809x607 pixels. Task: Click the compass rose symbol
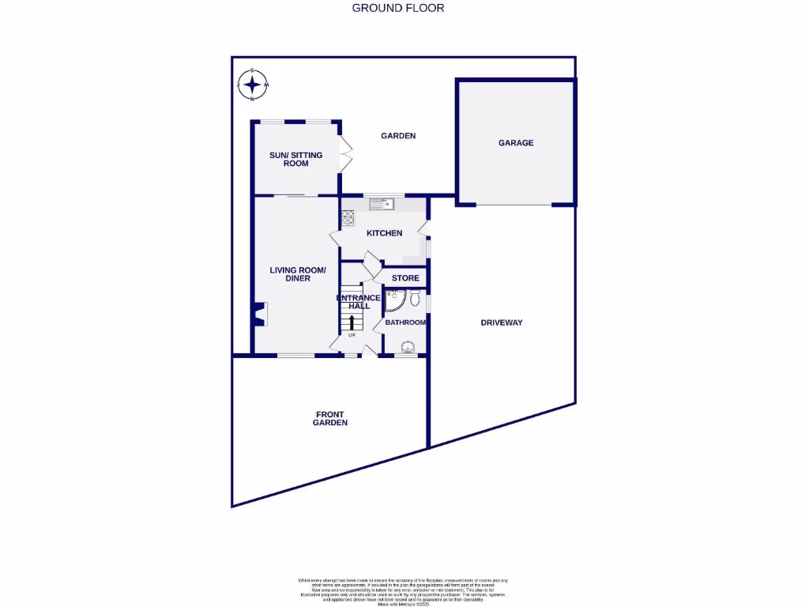tap(253, 85)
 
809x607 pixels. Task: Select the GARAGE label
tap(515, 143)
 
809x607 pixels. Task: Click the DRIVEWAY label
tap(502, 322)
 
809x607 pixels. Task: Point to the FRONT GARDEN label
tap(330, 418)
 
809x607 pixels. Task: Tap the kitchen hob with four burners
tap(348, 214)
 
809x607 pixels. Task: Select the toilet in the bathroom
tap(416, 297)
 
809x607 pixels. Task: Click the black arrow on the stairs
tap(352, 321)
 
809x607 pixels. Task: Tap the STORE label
tap(405, 278)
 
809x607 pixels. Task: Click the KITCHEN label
tap(384, 233)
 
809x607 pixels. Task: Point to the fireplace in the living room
tap(260, 314)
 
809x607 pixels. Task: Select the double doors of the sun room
tap(344, 154)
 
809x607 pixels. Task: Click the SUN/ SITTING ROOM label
tap(295, 159)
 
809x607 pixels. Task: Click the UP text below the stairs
tap(352, 335)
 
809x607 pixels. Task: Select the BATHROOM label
tap(405, 322)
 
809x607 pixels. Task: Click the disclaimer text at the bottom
tap(403, 591)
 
